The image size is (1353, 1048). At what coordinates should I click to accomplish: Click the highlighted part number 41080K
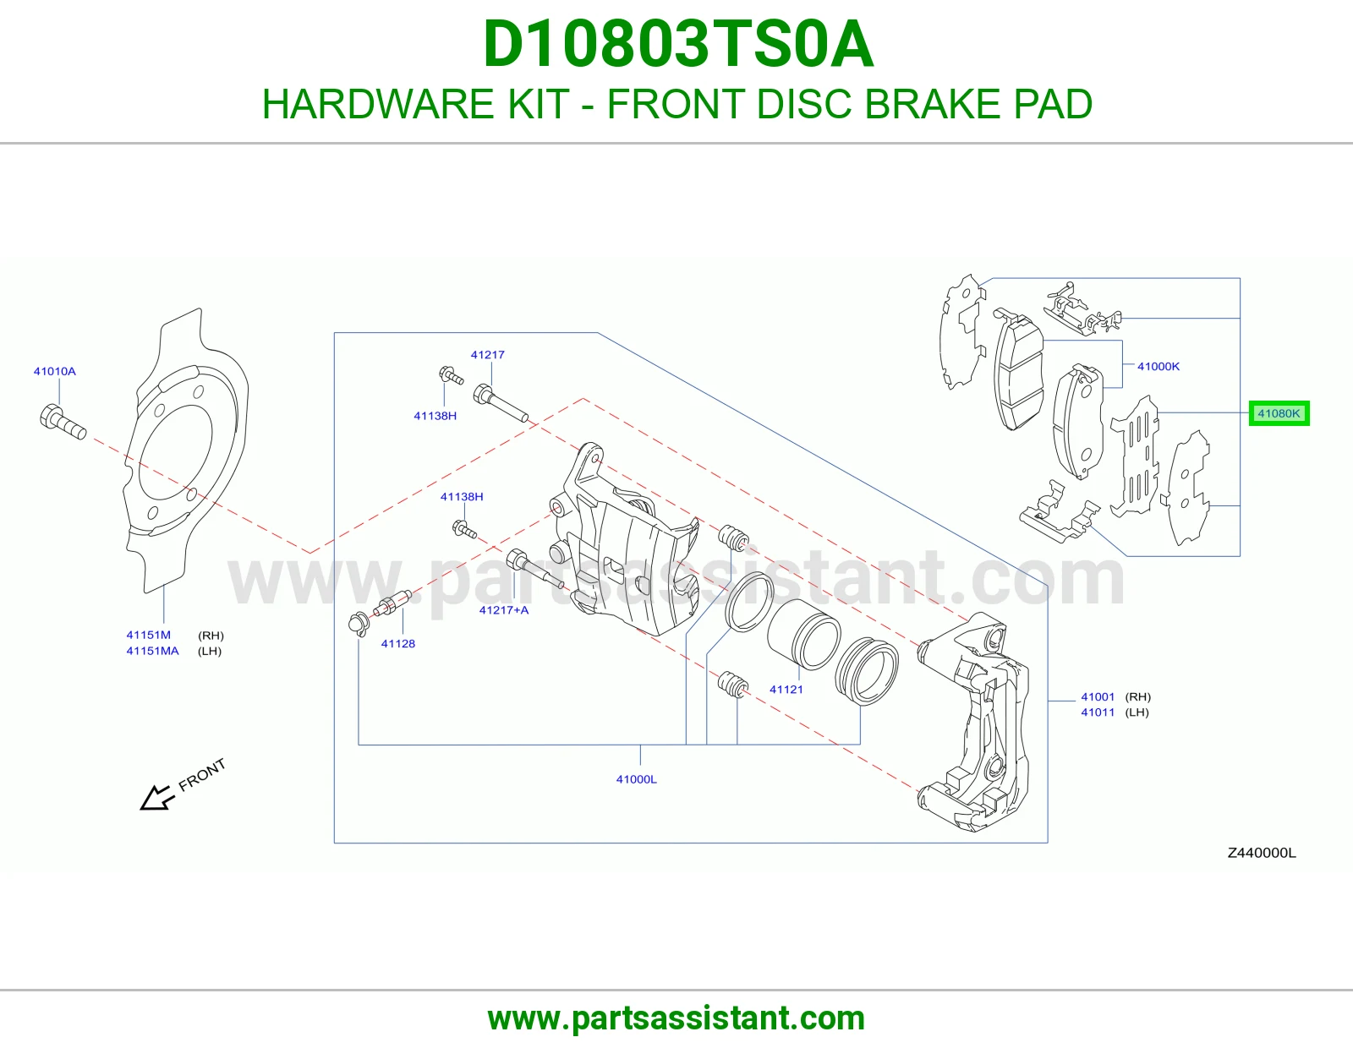1279,413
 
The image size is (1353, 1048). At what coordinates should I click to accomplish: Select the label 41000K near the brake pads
1159,367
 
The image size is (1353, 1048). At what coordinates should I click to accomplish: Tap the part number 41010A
55,372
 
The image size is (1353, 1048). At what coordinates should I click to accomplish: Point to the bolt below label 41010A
63,423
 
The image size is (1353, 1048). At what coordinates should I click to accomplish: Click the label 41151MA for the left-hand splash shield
152,651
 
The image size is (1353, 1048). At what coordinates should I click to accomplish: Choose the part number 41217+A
504,610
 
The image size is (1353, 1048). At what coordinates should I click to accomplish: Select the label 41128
398,643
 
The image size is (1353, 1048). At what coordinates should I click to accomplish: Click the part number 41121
786,689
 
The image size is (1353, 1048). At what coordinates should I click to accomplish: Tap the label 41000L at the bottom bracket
637,779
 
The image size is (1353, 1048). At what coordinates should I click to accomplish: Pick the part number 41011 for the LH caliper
1097,712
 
